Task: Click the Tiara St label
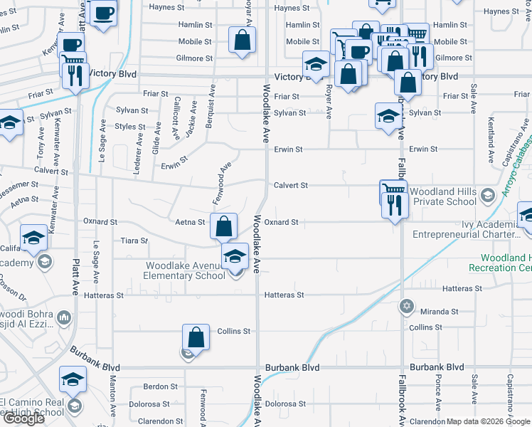tap(134, 241)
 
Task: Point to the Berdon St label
tap(160, 386)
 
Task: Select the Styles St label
tap(131, 127)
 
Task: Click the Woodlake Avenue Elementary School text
tap(184, 270)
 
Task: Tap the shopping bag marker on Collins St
tap(196, 337)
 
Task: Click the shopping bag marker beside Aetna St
tap(223, 226)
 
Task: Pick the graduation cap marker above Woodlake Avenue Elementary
tap(235, 257)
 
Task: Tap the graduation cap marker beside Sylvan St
tap(388, 116)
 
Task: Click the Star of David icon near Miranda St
tap(407, 306)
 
